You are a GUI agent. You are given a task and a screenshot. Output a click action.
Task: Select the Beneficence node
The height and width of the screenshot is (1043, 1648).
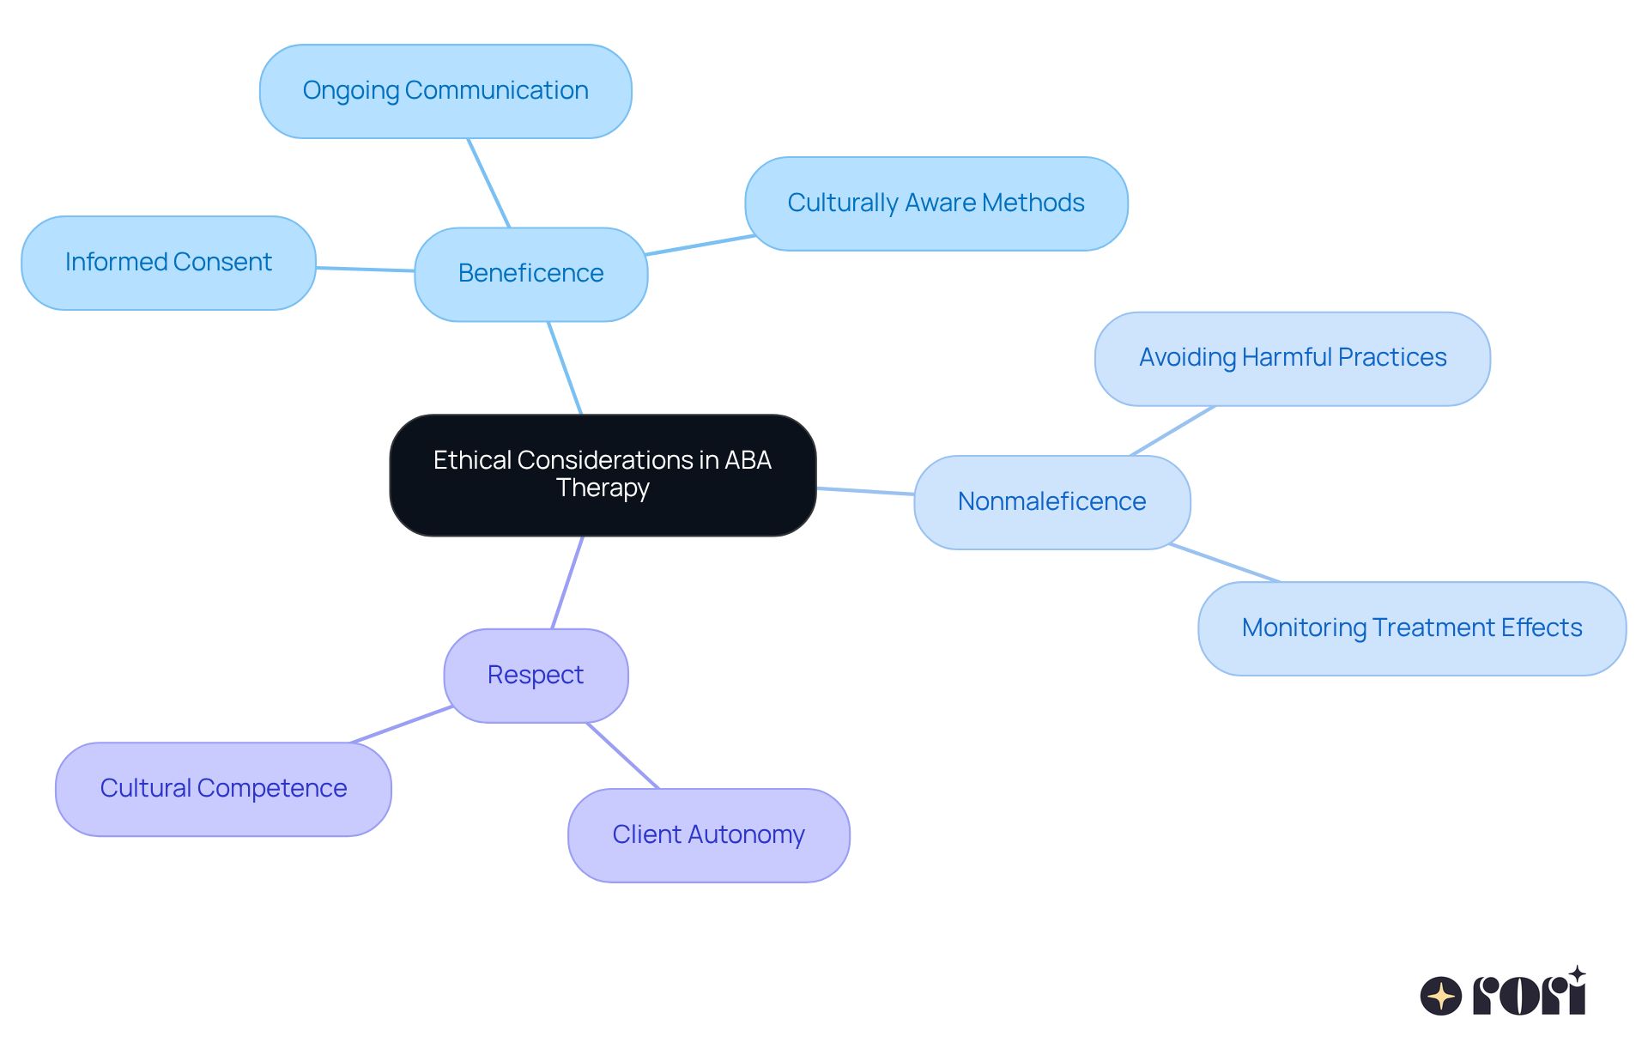click(530, 274)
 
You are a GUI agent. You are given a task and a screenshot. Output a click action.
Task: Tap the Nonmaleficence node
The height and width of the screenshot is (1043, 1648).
click(1051, 502)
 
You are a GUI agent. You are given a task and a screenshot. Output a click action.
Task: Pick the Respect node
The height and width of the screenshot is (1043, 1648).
click(536, 676)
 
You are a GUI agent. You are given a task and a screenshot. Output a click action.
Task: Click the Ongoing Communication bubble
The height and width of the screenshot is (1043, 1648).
click(445, 91)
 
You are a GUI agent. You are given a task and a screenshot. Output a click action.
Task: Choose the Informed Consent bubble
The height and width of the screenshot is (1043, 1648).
click(168, 263)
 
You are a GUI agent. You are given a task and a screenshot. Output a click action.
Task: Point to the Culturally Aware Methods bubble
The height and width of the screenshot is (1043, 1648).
click(936, 203)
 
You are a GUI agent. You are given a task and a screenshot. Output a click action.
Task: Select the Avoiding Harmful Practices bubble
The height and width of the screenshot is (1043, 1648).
click(1292, 358)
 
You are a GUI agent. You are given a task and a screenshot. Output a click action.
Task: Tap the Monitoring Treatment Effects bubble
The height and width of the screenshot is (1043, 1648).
click(1411, 628)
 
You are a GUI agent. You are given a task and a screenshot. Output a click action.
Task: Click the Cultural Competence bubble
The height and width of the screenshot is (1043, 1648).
click(223, 789)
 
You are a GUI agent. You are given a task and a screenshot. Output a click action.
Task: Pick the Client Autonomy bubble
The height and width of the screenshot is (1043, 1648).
click(708, 835)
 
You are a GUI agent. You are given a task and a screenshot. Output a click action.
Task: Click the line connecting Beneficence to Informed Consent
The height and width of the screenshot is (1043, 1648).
click(366, 270)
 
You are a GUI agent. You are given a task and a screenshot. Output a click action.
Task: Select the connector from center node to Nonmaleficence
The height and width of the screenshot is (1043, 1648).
click(865, 491)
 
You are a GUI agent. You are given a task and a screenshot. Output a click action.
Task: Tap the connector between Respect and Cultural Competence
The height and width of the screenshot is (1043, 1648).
click(402, 725)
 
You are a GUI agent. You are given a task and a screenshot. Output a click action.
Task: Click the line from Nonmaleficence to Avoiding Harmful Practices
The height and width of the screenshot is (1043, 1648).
click(1172, 431)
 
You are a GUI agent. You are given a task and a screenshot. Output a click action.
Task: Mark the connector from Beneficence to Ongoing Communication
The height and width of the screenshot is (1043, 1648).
click(489, 183)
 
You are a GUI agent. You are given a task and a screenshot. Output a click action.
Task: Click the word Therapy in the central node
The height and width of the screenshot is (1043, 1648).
click(603, 488)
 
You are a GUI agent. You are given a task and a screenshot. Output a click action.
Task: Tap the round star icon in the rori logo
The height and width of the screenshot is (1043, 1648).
click(1440, 996)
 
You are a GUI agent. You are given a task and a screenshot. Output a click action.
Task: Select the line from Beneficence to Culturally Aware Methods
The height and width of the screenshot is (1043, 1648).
click(700, 245)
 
